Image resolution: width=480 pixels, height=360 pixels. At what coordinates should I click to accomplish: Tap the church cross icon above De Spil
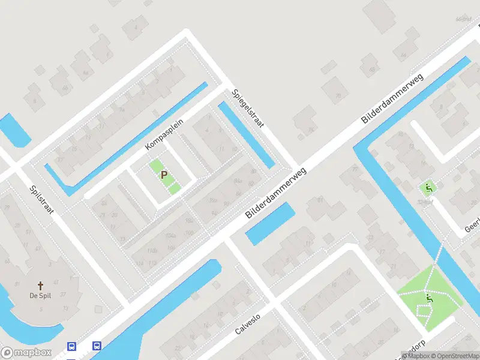tap(40, 286)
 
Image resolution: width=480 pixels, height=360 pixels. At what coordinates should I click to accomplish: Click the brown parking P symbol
tap(164, 175)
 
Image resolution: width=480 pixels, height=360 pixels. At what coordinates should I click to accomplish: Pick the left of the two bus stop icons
tap(71, 346)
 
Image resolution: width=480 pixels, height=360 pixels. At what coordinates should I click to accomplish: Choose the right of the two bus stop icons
tap(96, 346)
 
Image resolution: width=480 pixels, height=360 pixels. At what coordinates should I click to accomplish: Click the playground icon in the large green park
tap(429, 298)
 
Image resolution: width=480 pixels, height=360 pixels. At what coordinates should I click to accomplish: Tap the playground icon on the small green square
tap(428, 188)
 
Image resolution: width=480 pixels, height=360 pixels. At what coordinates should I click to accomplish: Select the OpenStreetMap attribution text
tap(454, 356)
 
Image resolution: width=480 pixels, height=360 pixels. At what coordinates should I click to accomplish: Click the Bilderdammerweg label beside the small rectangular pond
tap(276, 193)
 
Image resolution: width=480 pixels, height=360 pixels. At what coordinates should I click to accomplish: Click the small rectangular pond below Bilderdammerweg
tap(271, 223)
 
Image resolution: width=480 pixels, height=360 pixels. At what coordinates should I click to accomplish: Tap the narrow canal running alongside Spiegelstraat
tap(247, 135)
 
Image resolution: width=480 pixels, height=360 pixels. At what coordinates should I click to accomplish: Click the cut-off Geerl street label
tap(471, 226)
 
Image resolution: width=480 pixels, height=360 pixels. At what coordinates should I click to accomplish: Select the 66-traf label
tap(463, 19)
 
